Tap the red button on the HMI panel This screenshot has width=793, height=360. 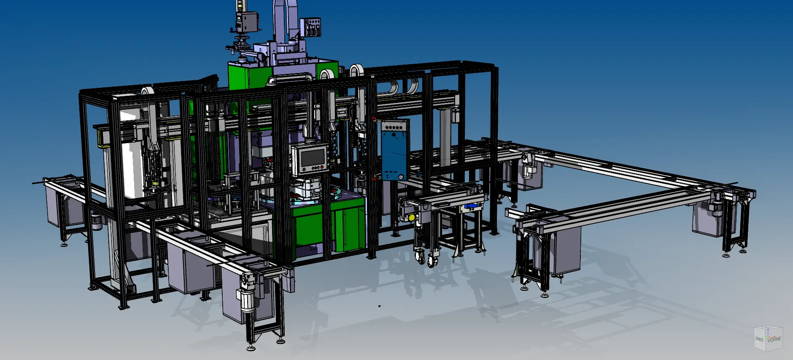point(324,168)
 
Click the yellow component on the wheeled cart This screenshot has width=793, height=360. point(411,217)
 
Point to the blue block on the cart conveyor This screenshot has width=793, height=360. point(472,206)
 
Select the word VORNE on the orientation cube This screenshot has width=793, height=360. point(774,339)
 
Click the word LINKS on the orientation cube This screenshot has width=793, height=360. point(759,339)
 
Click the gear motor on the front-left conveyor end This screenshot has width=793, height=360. point(247,295)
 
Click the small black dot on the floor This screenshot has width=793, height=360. point(379,306)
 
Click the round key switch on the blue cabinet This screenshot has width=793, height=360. point(401,177)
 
